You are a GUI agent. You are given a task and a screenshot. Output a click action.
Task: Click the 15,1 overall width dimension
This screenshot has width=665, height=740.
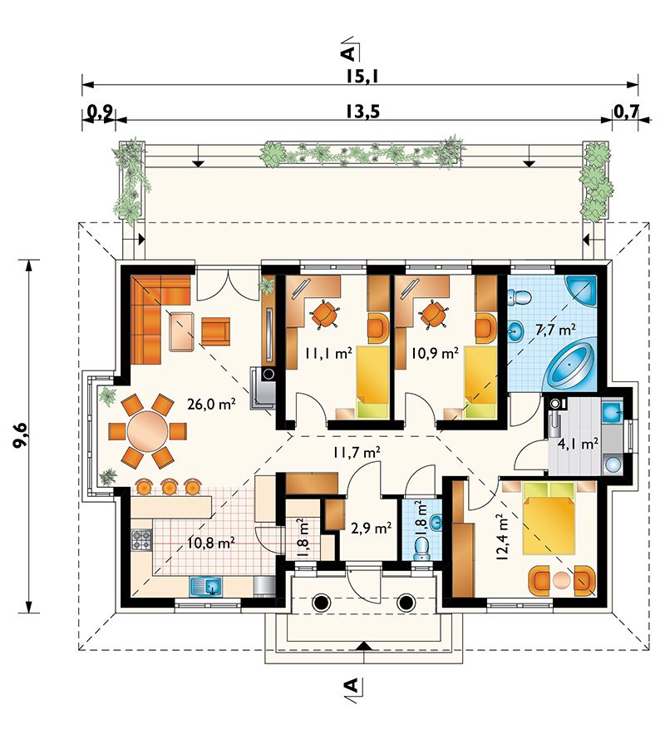[362, 77]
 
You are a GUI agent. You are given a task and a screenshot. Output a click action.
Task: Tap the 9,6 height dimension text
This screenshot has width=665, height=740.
[22, 436]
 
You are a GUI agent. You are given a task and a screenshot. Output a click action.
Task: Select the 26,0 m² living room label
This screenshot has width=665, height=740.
[211, 404]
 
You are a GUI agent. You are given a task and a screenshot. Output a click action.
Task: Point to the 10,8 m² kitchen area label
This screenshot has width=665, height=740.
[210, 544]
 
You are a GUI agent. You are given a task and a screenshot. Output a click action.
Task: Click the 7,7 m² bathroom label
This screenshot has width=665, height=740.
[555, 330]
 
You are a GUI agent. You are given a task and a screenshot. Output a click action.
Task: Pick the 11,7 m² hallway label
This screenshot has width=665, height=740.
[357, 453]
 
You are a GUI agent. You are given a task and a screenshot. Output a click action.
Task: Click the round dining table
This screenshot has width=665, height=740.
[147, 431]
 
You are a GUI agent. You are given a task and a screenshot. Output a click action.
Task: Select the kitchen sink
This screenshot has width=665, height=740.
[206, 587]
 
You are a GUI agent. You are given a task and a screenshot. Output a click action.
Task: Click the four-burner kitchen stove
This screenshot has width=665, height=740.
[141, 540]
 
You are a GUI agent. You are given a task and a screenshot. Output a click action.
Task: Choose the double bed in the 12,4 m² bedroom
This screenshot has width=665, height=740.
[549, 519]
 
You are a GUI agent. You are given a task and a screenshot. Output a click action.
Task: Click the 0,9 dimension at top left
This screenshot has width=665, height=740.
[100, 112]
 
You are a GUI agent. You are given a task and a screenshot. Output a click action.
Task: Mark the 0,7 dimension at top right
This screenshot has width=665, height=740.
[627, 112]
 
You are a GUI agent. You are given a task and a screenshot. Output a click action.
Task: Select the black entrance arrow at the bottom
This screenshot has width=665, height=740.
[362, 646]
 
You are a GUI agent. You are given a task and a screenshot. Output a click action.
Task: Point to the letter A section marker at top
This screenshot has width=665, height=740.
[348, 53]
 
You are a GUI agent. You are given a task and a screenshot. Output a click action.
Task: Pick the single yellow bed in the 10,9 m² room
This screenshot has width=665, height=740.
[480, 382]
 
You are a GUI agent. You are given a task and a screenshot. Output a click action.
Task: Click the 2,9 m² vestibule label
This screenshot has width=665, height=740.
[372, 529]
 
